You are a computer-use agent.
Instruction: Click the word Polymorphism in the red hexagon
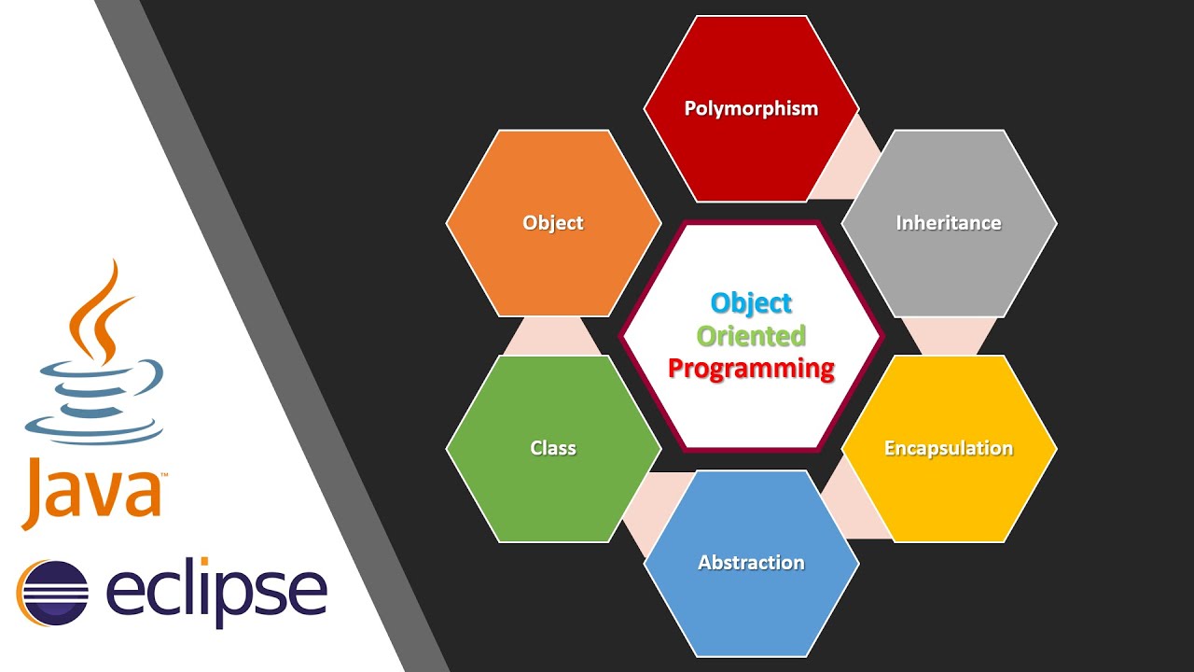(751, 108)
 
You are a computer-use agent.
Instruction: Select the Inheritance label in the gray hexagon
(949, 223)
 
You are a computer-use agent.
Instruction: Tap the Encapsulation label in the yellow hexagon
(949, 448)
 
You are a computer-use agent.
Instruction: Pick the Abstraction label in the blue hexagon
(751, 562)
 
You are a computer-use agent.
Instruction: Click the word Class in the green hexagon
(553, 448)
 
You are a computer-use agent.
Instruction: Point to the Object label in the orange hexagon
(553, 223)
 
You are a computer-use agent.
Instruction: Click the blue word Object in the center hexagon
(751, 302)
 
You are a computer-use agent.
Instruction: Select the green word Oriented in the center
(751, 335)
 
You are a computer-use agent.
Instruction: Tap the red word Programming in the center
(751, 368)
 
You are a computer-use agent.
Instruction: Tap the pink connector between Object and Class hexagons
(553, 337)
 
